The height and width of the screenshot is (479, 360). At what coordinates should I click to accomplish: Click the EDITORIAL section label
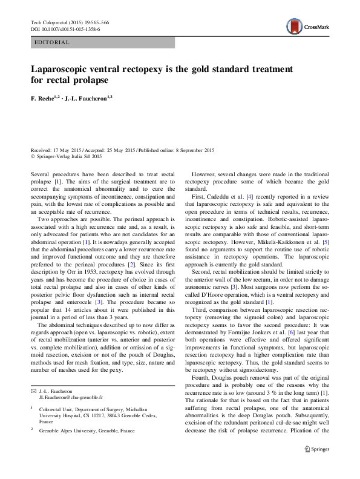[x=53, y=43]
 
